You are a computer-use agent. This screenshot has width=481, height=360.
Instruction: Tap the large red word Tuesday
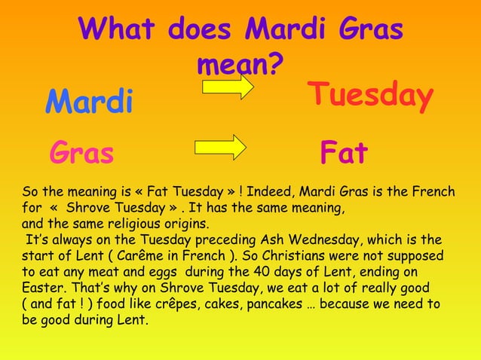(x=370, y=96)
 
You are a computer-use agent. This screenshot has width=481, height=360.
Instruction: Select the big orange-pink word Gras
(x=81, y=153)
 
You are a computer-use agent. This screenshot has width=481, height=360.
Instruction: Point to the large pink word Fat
(x=344, y=153)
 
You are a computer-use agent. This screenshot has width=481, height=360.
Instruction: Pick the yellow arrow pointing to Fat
(x=220, y=146)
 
